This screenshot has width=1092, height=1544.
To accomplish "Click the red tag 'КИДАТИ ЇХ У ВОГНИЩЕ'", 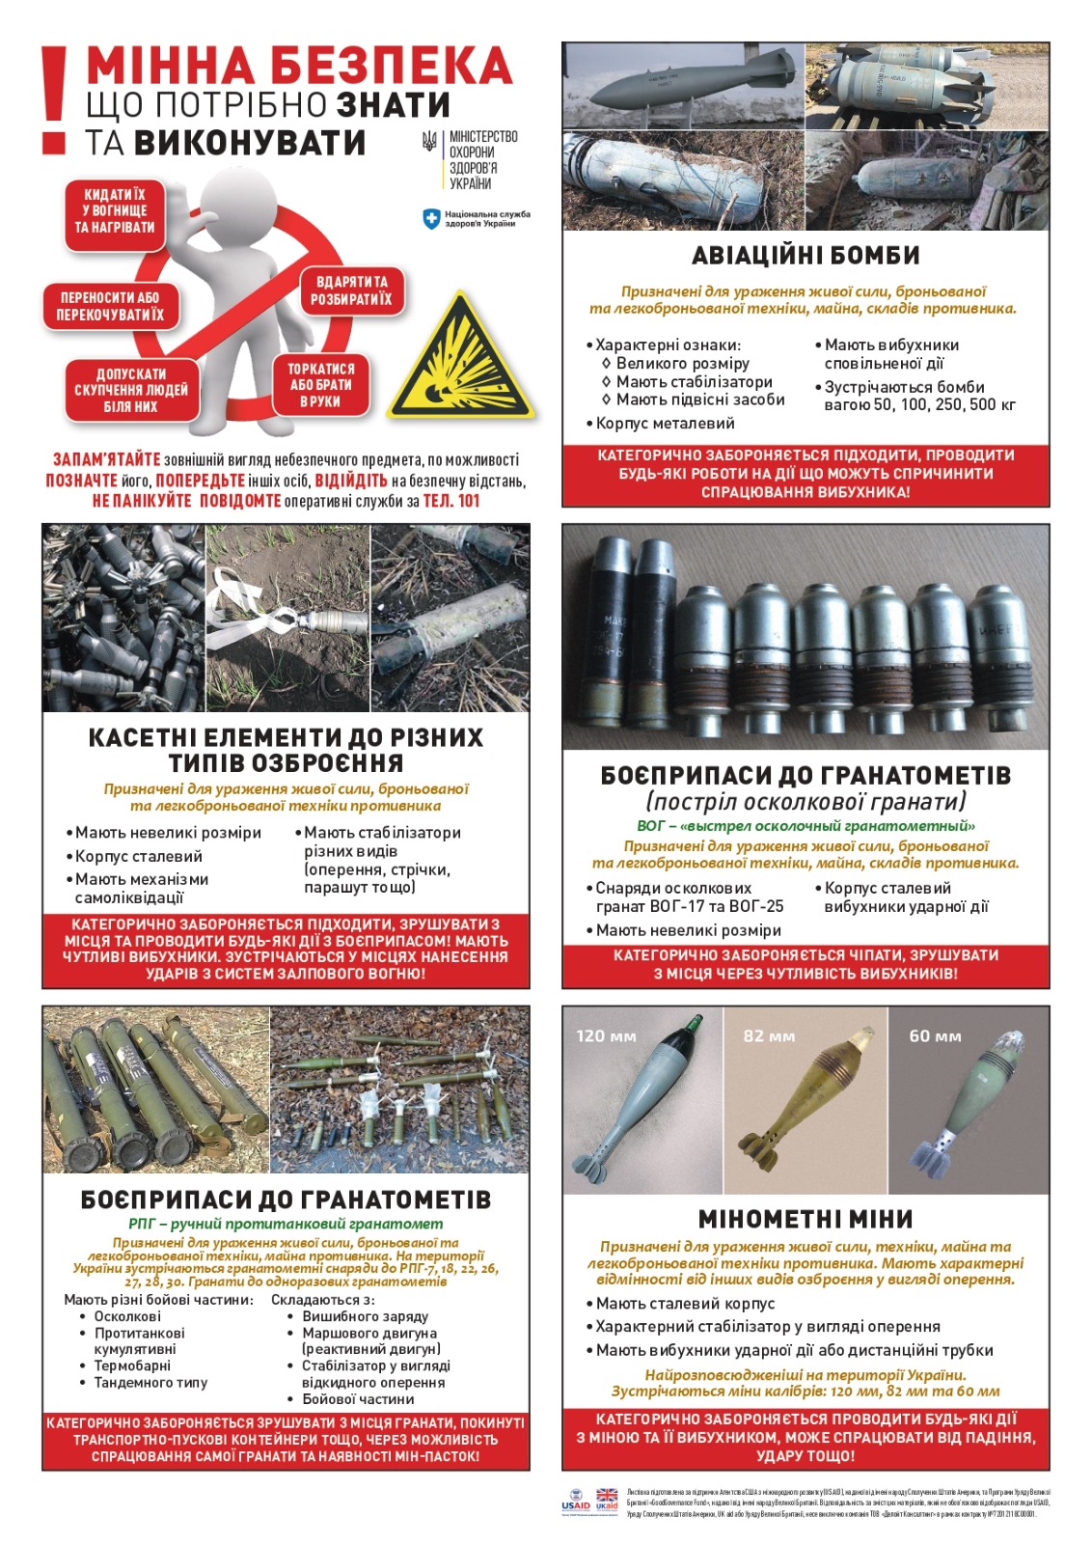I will (115, 210).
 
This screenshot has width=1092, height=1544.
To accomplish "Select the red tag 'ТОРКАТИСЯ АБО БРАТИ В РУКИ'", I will (320, 385).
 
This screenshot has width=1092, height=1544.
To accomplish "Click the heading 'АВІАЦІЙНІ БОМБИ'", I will (805, 256).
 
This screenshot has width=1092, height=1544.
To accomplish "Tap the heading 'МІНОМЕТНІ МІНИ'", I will (805, 1219).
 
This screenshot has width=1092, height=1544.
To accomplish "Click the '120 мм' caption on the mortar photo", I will (606, 1036).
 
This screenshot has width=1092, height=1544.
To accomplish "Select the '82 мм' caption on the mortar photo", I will (769, 1036).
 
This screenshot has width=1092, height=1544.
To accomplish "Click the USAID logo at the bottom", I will (576, 1501).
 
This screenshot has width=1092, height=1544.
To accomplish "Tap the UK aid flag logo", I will (607, 1500).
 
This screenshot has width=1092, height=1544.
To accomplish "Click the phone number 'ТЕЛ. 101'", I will (450, 501).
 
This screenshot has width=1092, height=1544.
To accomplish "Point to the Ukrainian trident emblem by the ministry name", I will (430, 143).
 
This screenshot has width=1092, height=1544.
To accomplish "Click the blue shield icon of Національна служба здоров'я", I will (431, 219).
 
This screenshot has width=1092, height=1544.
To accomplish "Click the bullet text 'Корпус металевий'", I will (665, 424).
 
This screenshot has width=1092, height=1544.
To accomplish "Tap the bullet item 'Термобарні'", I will (132, 1365).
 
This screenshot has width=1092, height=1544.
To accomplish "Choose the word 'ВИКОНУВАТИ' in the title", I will (250, 143).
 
